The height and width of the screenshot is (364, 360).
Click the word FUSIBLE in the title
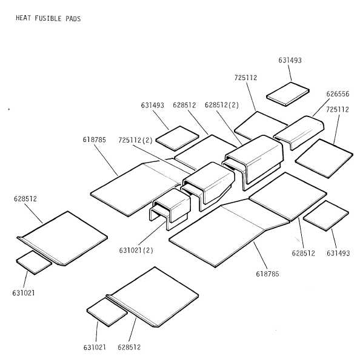[x=48, y=18]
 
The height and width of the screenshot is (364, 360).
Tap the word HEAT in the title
[x=23, y=18]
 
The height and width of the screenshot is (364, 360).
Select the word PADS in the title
[x=73, y=19]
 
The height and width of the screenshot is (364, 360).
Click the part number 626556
[x=338, y=94]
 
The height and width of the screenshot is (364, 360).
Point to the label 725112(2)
[x=136, y=140]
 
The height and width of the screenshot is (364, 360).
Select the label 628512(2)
[x=222, y=105]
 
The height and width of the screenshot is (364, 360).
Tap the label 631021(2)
[x=136, y=250]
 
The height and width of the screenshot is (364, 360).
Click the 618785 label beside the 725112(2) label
[x=94, y=140]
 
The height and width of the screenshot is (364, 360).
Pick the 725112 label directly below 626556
[x=338, y=109]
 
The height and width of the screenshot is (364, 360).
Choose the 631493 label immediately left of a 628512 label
[x=152, y=106]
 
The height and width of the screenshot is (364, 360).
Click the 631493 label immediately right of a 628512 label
[x=338, y=253]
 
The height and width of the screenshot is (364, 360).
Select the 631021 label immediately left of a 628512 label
[x=95, y=347]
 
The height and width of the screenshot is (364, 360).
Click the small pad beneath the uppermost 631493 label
[x=288, y=94]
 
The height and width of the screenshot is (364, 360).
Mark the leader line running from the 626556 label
[x=321, y=107]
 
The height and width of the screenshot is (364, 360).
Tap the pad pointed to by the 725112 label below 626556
[x=324, y=158]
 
